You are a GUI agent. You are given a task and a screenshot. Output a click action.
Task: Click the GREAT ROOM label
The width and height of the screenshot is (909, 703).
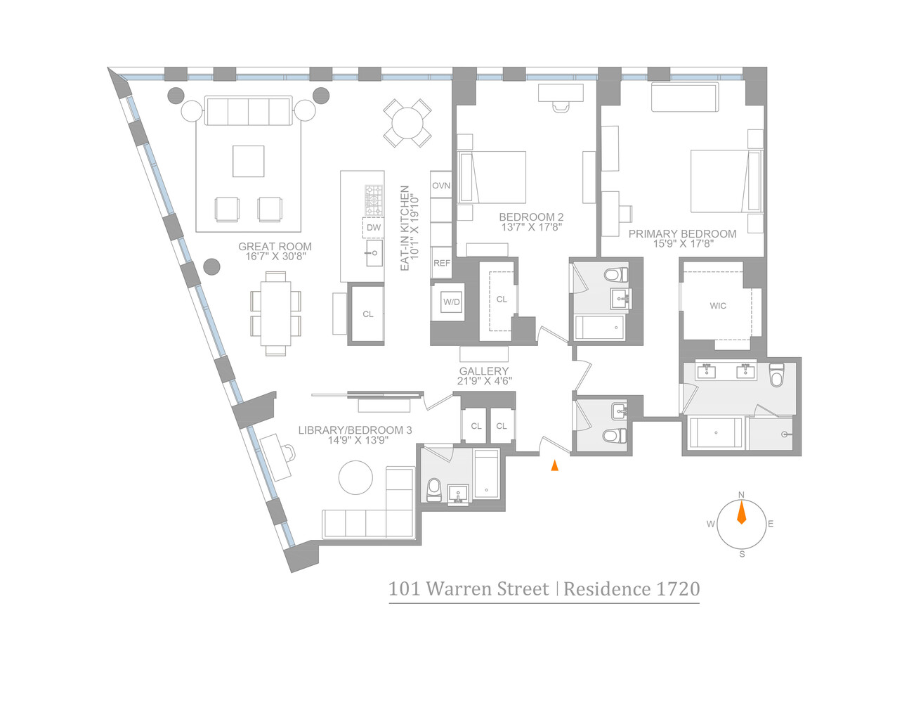click(x=275, y=247)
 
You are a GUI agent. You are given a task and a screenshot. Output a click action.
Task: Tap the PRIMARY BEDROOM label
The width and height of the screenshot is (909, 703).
click(x=682, y=234)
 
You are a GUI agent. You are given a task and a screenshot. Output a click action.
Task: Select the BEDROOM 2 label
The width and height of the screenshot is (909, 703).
click(x=531, y=217)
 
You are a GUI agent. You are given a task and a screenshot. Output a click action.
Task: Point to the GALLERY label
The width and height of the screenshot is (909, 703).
click(x=484, y=371)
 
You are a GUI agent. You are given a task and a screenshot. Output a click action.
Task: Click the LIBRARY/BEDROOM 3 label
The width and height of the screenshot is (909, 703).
click(x=355, y=430)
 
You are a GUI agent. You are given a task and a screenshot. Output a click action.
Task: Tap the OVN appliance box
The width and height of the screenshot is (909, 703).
click(x=441, y=186)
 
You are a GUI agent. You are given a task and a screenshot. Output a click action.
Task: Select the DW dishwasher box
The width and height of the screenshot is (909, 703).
click(x=374, y=228)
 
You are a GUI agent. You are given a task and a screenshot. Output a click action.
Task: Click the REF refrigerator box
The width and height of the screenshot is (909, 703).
click(x=441, y=263)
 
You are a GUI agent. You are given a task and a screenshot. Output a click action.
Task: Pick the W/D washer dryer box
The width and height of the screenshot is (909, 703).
click(x=451, y=302)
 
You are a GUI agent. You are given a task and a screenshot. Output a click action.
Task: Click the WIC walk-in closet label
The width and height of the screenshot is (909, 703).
click(x=718, y=306)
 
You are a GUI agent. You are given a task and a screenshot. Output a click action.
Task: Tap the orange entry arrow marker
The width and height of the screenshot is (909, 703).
click(x=555, y=465)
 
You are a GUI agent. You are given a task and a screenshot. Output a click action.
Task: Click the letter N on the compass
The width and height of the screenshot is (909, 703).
click(x=741, y=496)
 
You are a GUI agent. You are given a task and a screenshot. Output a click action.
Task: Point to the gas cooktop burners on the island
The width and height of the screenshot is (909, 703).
click(x=374, y=200)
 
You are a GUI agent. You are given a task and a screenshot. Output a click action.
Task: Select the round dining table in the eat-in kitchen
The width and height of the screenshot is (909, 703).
click(x=407, y=123)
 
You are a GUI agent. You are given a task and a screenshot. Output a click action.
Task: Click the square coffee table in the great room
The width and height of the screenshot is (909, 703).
click(x=248, y=161)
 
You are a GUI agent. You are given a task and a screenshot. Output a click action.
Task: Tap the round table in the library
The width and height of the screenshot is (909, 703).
click(x=355, y=478)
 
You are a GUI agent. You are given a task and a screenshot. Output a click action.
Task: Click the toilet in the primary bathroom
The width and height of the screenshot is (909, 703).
click(x=776, y=376)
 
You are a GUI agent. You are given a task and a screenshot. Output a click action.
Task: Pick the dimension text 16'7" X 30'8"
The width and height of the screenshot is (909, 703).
click(x=275, y=257)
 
